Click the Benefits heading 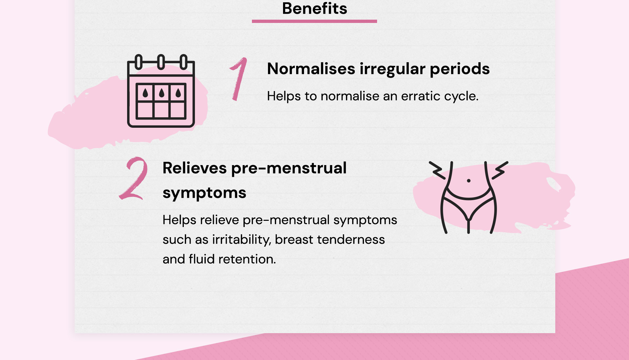click(314, 8)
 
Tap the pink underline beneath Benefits click(314, 21)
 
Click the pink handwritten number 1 click(238, 79)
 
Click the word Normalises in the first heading click(311, 69)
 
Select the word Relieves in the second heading click(195, 168)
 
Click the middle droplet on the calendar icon click(162, 93)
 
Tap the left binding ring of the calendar click(139, 62)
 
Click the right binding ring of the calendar click(184, 62)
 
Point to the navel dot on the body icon click(468, 181)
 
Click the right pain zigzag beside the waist click(500, 170)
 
